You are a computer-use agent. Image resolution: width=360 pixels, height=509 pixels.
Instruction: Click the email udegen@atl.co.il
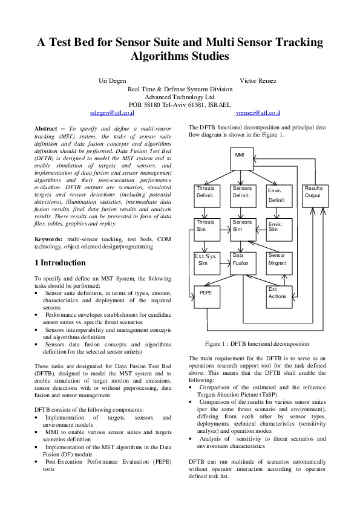click(x=112, y=113)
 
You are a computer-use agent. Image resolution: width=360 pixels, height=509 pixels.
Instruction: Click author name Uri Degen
click(x=112, y=80)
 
